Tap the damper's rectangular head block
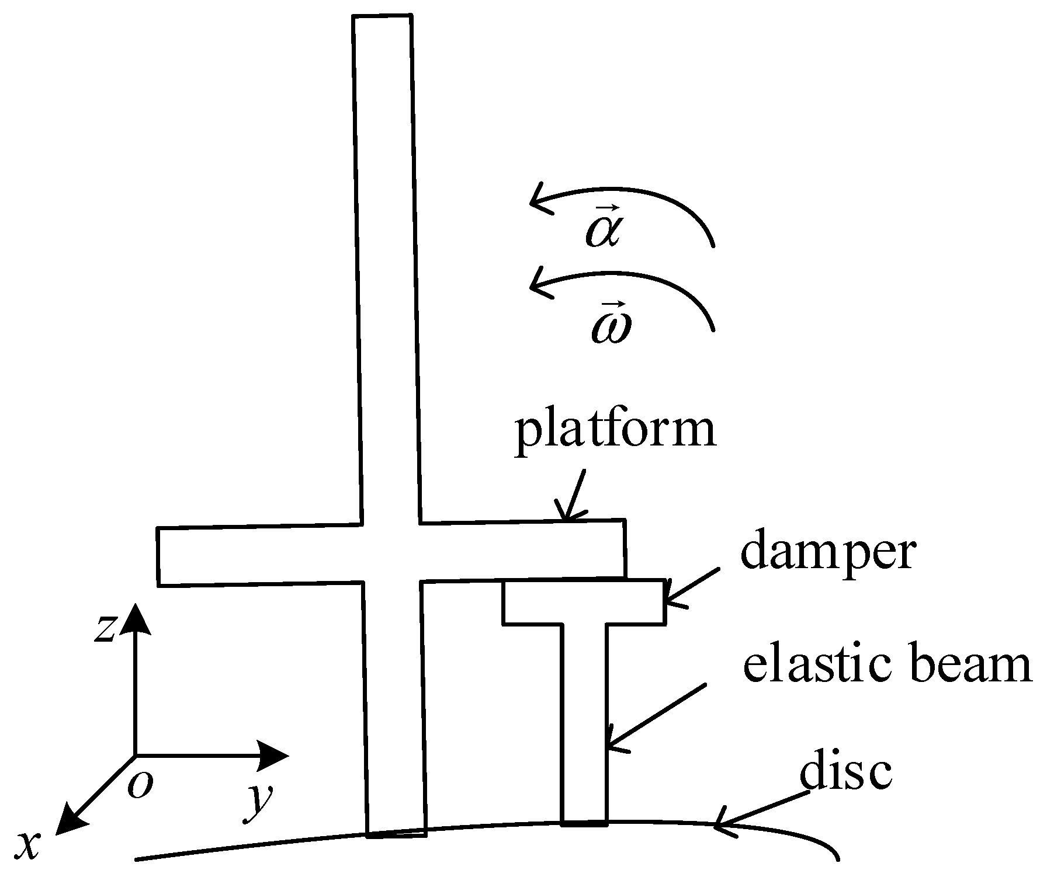584,602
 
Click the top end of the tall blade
383,18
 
